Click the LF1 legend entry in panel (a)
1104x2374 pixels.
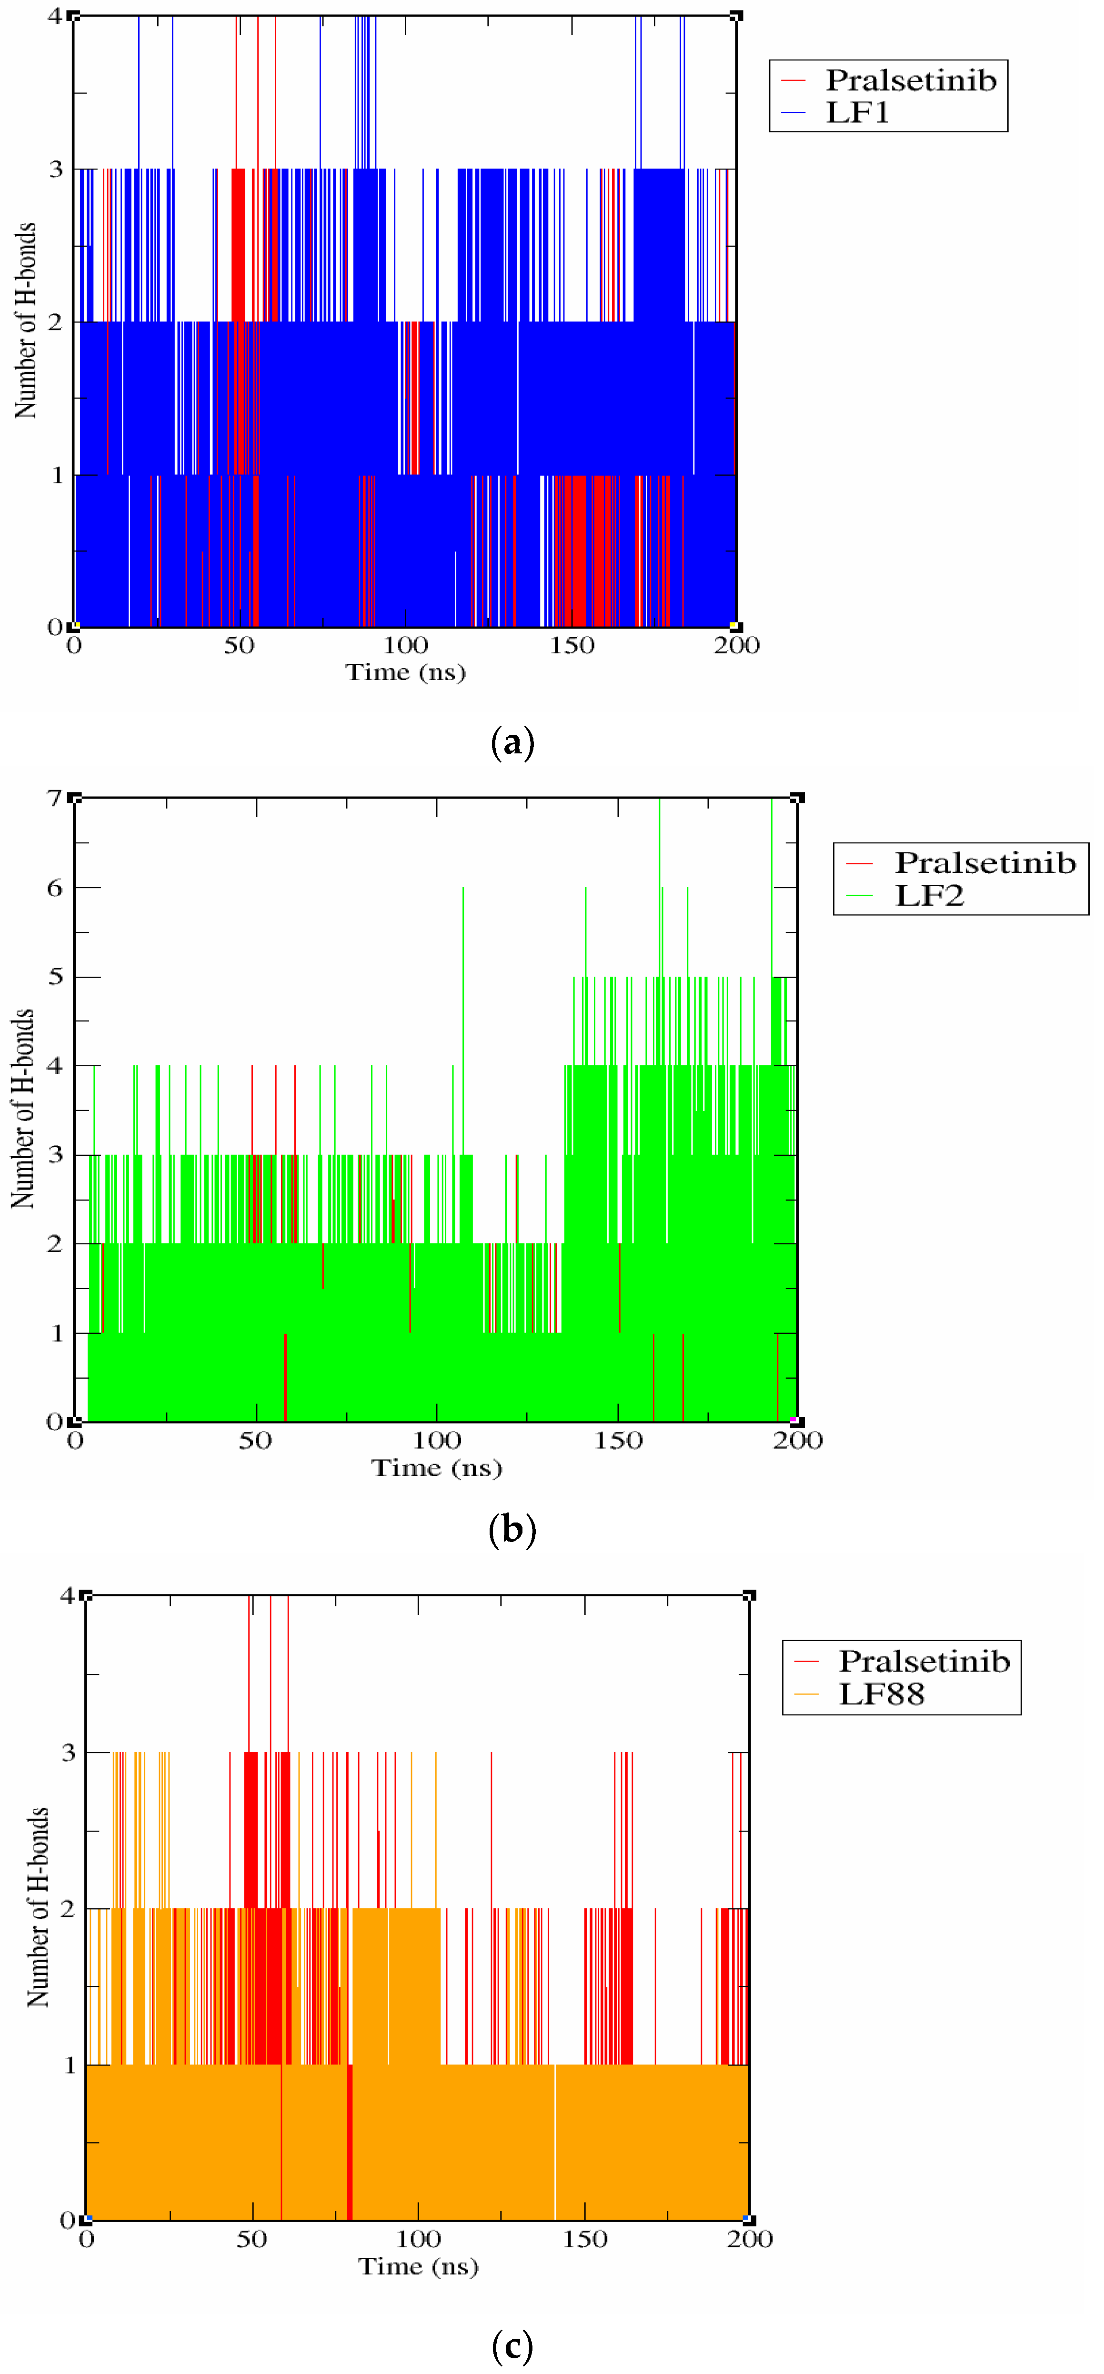[857, 112]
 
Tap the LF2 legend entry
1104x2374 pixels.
[929, 895]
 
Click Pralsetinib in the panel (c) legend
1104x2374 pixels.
[923, 1661]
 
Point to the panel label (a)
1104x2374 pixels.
[512, 743]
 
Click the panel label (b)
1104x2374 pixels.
[512, 1530]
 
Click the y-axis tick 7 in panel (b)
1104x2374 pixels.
[55, 798]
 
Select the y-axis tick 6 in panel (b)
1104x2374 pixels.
[55, 888]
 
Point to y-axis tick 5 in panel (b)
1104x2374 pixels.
[55, 977]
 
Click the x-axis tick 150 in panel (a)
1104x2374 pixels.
[572, 645]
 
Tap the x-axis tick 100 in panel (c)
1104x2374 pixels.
[418, 2239]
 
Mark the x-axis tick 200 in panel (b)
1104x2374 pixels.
[797, 1441]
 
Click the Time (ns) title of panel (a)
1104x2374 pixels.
[405, 672]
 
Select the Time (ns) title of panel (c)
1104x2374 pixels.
[418, 2266]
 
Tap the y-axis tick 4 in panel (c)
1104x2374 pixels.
[67, 1595]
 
